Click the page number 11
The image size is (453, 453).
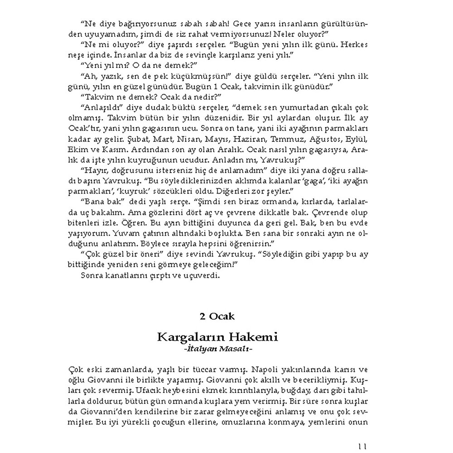pos(362,446)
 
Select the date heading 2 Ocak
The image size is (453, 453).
pos(217,316)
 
